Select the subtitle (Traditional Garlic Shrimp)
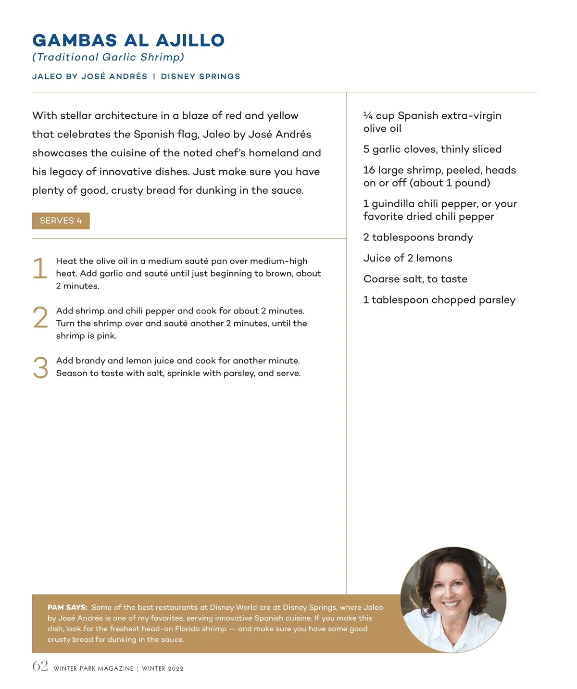click(x=108, y=57)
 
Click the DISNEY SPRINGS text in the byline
click(x=201, y=76)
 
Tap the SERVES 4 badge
click(x=61, y=221)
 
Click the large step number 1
click(x=40, y=268)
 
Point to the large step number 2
click(x=40, y=318)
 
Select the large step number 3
click(x=40, y=368)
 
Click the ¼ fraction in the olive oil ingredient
click(x=368, y=116)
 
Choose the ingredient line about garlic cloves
click(x=432, y=150)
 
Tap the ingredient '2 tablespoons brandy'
click(x=418, y=238)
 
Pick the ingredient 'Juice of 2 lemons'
click(x=408, y=258)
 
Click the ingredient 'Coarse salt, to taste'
click(x=415, y=279)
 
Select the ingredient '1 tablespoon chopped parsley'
click(x=439, y=300)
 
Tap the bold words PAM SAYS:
click(x=67, y=607)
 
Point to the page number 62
click(x=40, y=666)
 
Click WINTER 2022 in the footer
click(x=163, y=669)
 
